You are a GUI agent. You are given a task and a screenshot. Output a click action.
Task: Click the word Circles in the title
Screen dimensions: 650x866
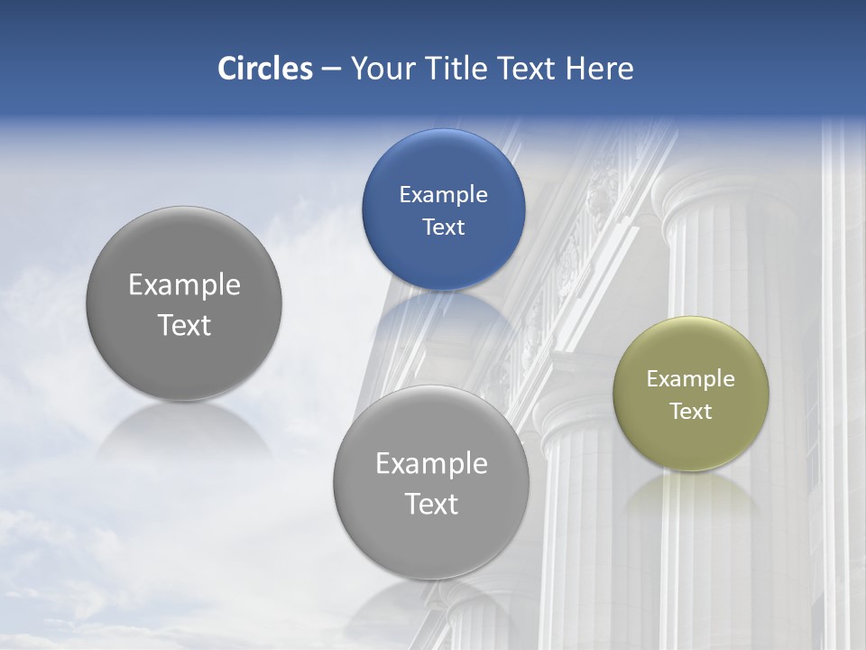[264, 69]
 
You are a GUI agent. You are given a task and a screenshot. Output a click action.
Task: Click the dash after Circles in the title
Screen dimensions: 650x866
[331, 70]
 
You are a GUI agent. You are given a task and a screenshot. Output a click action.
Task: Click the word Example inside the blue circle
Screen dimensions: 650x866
[443, 195]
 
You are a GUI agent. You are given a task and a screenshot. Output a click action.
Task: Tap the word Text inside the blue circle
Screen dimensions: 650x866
[443, 227]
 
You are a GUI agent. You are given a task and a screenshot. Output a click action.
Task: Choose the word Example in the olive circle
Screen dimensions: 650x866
[691, 379]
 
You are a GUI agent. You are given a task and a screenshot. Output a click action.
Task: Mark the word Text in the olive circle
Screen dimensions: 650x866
[691, 412]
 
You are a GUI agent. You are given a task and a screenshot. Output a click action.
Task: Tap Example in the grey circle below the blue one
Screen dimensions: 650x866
[431, 464]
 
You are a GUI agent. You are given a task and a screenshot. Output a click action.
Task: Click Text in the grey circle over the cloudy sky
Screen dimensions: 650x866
[184, 325]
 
